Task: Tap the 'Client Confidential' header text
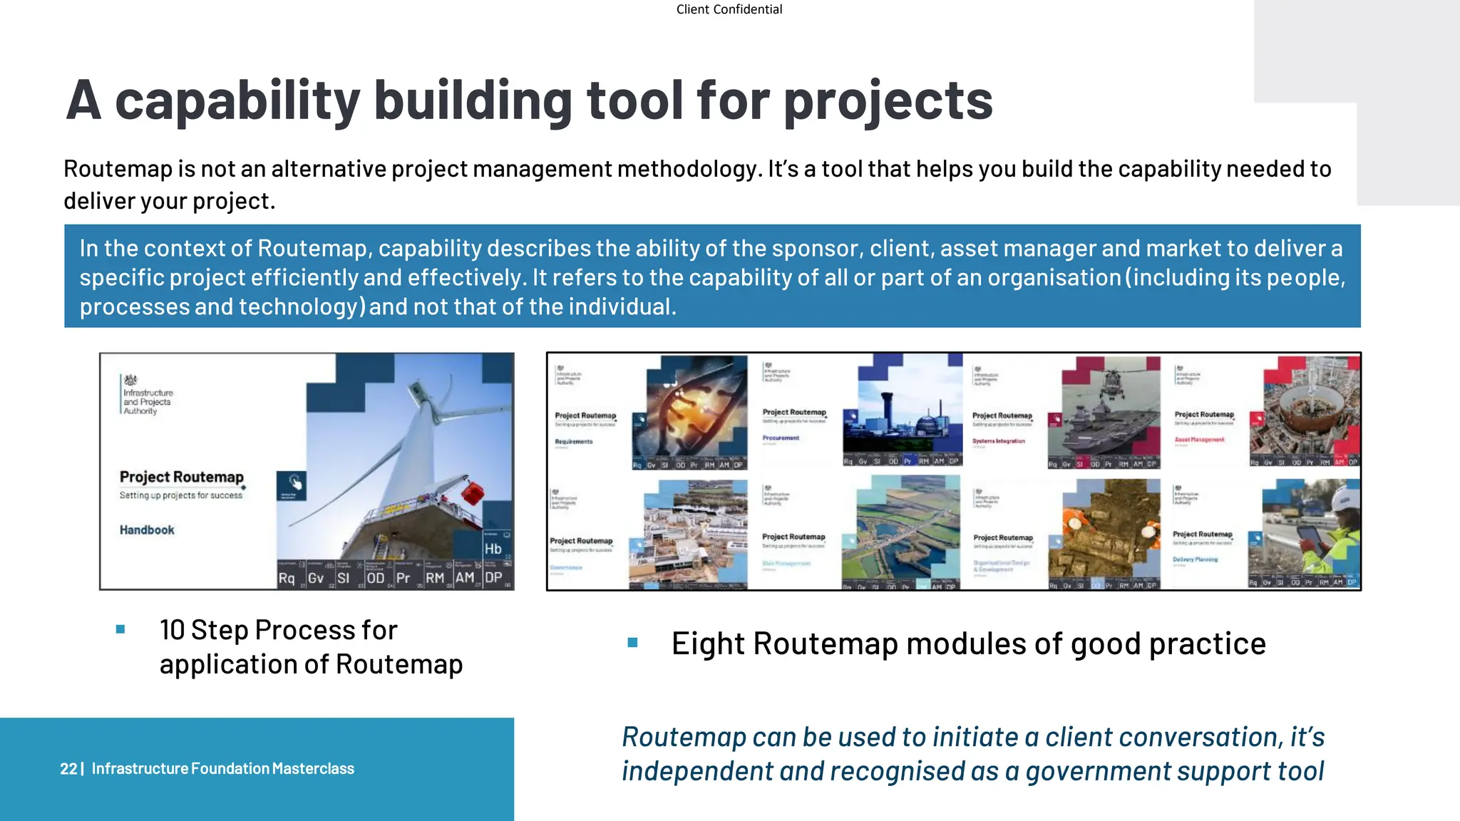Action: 729,9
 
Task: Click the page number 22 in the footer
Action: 68,769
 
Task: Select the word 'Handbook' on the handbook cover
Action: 147,530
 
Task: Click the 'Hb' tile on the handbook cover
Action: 493,549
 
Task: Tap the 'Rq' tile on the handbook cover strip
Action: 287,578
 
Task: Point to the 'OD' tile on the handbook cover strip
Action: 375,578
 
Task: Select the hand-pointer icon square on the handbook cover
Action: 291,485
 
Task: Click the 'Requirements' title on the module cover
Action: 574,442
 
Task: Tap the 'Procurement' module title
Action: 781,438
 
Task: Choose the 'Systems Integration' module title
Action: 998,441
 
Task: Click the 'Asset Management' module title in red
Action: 1199,440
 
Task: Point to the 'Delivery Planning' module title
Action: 1195,559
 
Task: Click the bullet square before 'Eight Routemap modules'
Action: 632,643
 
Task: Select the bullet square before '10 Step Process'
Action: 120,629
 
